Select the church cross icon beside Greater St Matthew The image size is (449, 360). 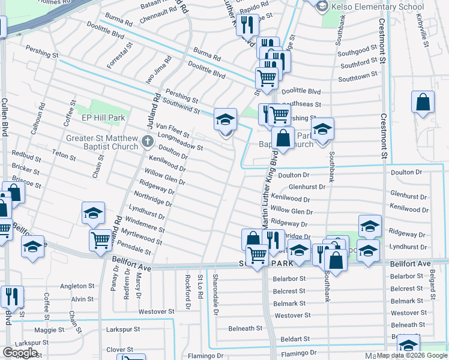click(148, 143)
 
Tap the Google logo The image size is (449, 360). click(20, 353)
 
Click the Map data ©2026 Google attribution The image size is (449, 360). click(412, 355)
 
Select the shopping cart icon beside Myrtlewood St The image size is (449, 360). click(100, 240)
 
